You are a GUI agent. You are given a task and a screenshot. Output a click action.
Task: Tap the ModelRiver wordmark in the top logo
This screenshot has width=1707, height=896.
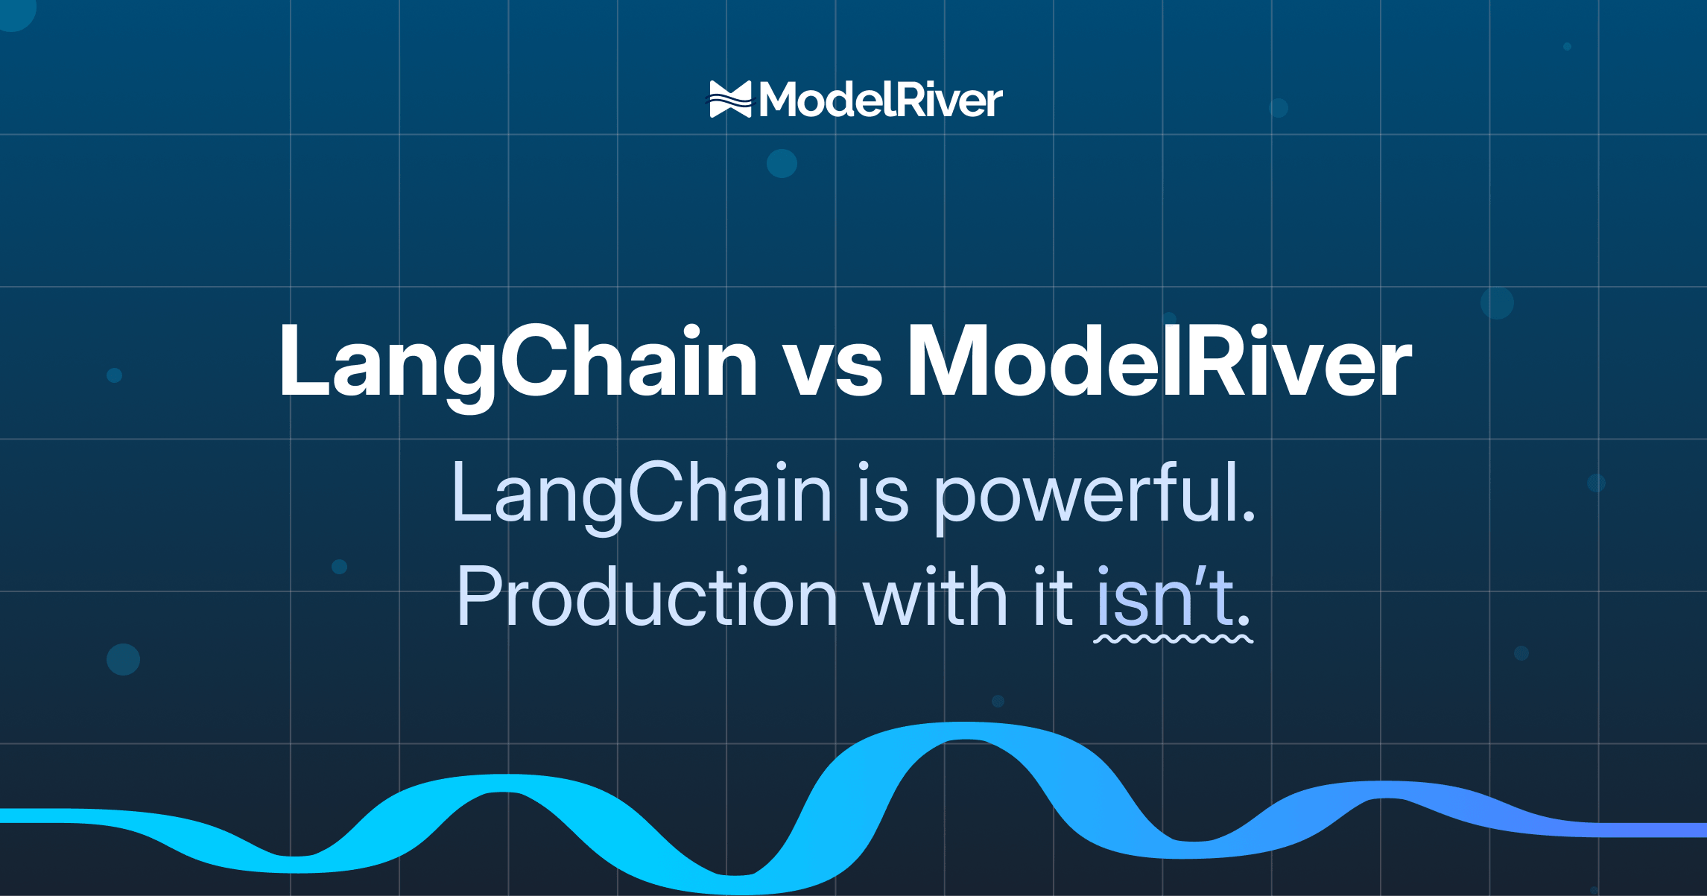coord(881,100)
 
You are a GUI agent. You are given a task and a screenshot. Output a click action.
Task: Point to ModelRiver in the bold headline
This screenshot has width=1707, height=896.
coord(1159,361)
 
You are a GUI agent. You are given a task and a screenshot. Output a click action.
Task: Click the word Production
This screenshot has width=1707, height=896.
coord(647,597)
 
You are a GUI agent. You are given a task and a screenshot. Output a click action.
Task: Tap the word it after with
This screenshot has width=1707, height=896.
coord(1053,596)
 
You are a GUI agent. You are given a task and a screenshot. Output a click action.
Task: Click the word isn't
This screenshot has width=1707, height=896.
coord(1166,597)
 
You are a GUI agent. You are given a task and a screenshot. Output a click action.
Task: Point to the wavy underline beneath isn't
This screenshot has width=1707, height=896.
coord(1173,639)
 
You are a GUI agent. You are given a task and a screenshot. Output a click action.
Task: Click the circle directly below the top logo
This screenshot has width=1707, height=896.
coord(782,163)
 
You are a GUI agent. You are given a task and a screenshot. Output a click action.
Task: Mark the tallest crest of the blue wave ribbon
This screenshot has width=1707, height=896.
coord(966,731)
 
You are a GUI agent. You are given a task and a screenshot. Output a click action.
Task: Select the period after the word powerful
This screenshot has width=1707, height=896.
coord(1249,515)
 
